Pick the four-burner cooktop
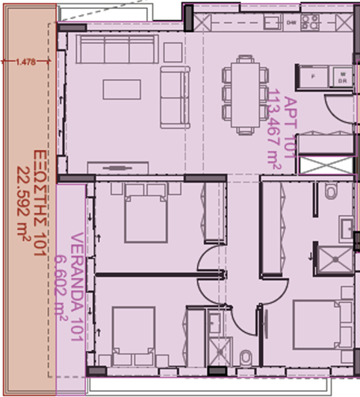tap(310, 21)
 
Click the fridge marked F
tap(312, 77)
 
